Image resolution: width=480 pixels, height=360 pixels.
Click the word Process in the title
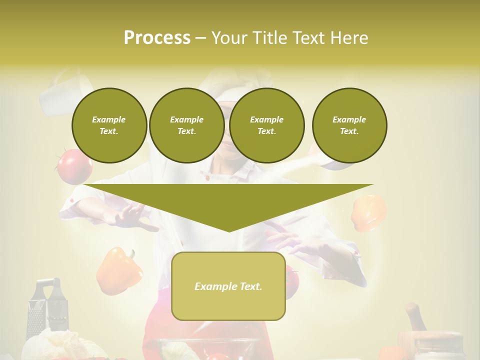(x=157, y=38)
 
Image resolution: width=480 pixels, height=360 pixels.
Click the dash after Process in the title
(x=200, y=38)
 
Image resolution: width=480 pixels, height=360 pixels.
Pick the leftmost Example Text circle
(x=109, y=125)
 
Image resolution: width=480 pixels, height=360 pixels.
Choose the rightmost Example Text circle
(x=349, y=125)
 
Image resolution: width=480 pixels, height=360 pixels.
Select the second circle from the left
(x=186, y=125)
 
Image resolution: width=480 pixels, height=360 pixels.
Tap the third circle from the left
(x=266, y=125)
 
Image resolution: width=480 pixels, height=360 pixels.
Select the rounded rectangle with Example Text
(x=228, y=286)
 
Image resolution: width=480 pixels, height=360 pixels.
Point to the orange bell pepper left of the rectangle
(x=118, y=271)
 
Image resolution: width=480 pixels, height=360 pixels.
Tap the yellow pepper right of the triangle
(x=369, y=212)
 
